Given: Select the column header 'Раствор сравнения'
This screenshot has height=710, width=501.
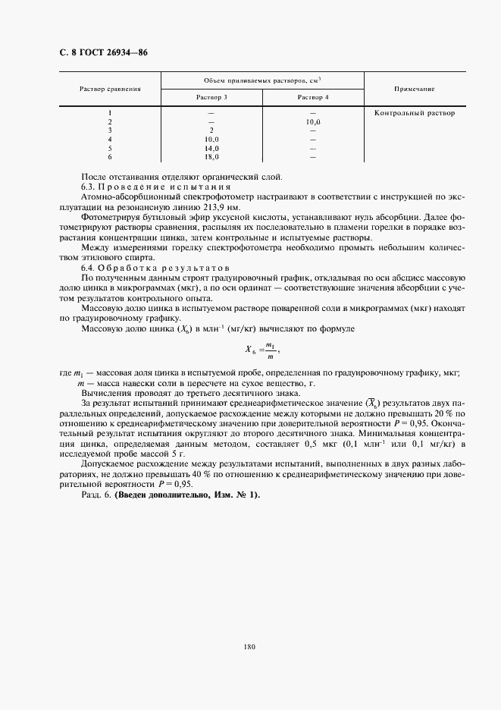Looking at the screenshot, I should [111, 90].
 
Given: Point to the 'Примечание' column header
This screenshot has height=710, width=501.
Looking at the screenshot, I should [414, 89].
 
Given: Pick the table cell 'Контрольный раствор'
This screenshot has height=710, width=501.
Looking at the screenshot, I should [415, 113].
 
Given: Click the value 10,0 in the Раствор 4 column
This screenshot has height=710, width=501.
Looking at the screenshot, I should [313, 121].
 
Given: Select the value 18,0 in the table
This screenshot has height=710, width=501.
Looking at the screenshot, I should [211, 157].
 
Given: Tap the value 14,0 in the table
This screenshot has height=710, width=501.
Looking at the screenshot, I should [211, 149].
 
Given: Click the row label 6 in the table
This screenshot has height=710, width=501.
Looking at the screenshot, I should [110, 157].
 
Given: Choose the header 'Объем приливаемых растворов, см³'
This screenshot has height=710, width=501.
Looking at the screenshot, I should [262, 80].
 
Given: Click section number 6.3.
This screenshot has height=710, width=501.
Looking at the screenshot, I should [89, 186].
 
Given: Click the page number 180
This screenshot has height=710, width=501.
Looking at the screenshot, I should [250, 646].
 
